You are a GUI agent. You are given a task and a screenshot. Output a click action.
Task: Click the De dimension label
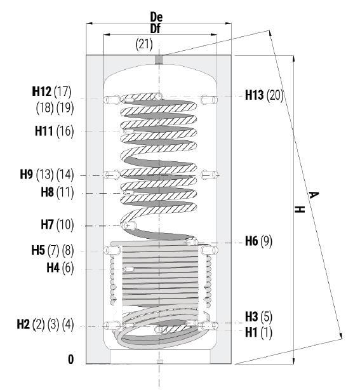pyautogui.click(x=156, y=17)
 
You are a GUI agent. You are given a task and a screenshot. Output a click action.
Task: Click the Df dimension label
pyautogui.click(x=156, y=29)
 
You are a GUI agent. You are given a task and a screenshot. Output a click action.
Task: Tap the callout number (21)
pyautogui.click(x=144, y=44)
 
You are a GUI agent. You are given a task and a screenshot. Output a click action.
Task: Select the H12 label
pyautogui.click(x=42, y=91)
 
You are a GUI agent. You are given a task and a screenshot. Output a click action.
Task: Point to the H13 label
pyautogui.click(x=255, y=95)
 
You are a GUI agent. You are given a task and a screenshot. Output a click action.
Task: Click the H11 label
pyautogui.click(x=44, y=131)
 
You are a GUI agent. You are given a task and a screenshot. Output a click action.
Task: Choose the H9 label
pyautogui.click(x=27, y=174)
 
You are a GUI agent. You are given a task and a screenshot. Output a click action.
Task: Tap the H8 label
pyautogui.click(x=47, y=192)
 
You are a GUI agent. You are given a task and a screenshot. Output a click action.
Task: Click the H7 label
pyautogui.click(x=47, y=224)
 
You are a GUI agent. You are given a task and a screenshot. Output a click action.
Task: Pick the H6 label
pyautogui.click(x=251, y=241)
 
